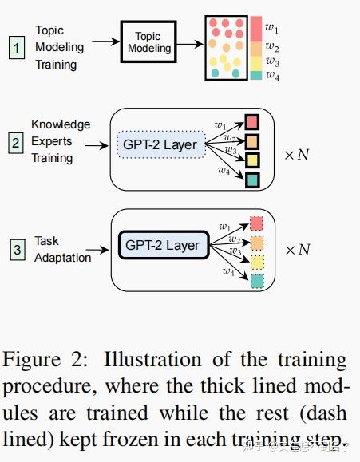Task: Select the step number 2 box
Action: point(16,144)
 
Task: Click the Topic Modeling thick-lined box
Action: point(152,43)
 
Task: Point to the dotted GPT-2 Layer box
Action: point(160,145)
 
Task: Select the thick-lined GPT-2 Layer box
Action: point(163,246)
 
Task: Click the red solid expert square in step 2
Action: point(252,122)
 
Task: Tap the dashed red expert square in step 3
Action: point(257,223)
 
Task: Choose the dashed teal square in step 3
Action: point(257,282)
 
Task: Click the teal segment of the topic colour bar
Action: point(255,75)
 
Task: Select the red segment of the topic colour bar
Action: point(255,28)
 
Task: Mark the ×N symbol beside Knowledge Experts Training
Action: point(299,154)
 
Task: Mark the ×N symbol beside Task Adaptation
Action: point(299,250)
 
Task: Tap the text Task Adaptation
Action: point(62,249)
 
